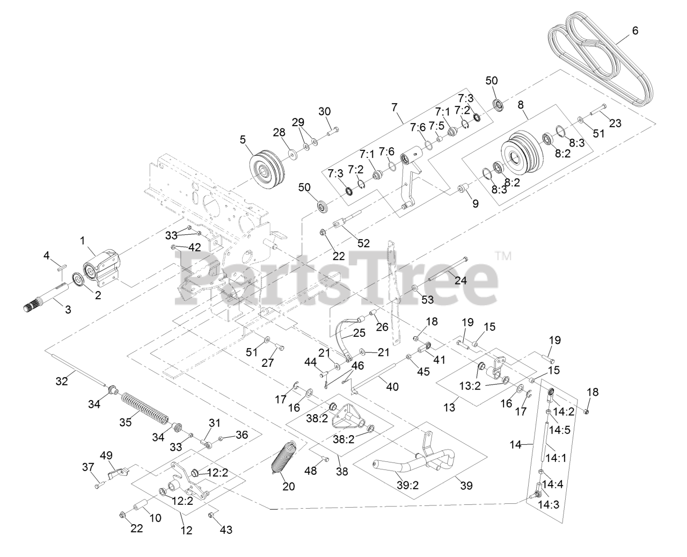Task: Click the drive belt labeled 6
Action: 601,59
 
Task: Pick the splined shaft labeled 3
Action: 51,299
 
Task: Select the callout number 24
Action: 461,280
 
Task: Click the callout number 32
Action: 62,381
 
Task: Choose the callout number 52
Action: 363,243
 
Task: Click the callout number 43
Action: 226,530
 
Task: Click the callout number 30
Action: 324,111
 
